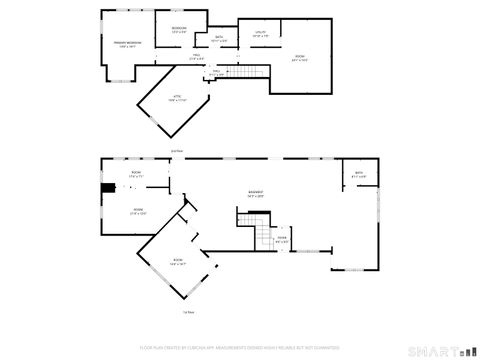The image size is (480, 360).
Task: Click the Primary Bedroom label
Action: click(x=127, y=45)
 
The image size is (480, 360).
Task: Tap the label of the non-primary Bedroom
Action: click(x=179, y=30)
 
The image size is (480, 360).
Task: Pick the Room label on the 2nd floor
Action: click(x=299, y=59)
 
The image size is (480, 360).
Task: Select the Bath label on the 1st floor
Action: click(x=360, y=176)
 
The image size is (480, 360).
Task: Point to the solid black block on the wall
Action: click(x=106, y=187)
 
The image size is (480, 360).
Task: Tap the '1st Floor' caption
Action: click(x=187, y=313)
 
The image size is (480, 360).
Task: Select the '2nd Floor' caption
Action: click(x=177, y=151)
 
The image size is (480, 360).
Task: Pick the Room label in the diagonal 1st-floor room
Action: click(x=178, y=264)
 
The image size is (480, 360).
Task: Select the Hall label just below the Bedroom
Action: click(x=197, y=56)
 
